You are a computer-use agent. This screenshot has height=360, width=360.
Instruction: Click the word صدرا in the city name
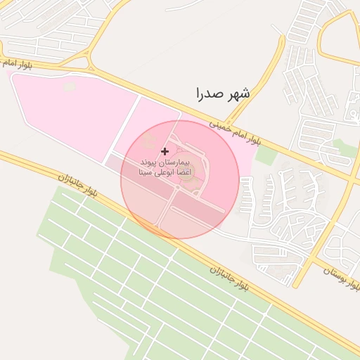[x=209, y=92]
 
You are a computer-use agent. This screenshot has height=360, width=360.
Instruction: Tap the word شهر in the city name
[x=238, y=92]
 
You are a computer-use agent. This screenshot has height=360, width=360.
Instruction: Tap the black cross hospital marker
[x=165, y=151]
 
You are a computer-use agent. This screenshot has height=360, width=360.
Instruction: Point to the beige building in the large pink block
[x=69, y=86]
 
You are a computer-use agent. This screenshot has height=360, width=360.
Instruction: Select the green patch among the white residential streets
[x=342, y=146]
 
